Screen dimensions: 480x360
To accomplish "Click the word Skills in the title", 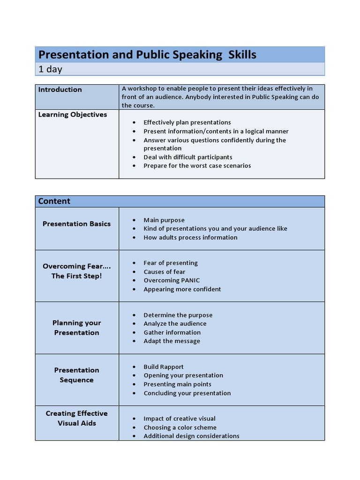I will [x=242, y=55].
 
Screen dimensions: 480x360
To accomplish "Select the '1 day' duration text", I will [x=50, y=69].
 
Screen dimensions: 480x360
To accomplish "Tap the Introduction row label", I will [x=60, y=90].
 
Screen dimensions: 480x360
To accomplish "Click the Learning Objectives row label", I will [x=72, y=114].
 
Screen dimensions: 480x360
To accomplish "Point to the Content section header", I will [x=54, y=201].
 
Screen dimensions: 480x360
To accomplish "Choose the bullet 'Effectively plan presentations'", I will [x=187, y=122].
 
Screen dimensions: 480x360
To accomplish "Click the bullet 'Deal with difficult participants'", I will [x=187, y=157].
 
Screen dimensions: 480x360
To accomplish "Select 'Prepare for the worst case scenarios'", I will [x=197, y=165].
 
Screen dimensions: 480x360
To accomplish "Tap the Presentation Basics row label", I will [x=76, y=224].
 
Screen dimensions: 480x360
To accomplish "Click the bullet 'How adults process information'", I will [x=190, y=237].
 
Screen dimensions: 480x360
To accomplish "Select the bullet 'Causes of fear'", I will [x=164, y=272].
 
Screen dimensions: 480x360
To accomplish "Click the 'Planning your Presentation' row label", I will [x=76, y=328].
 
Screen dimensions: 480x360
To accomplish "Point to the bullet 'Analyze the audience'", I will [x=175, y=323].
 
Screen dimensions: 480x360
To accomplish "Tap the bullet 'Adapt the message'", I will [x=172, y=341].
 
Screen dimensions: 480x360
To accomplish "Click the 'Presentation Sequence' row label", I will [x=76, y=375].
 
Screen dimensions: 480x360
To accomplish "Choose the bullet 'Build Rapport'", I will [x=164, y=367].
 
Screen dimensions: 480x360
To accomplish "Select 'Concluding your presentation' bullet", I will [x=187, y=393].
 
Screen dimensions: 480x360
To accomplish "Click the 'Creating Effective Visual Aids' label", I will [x=76, y=418].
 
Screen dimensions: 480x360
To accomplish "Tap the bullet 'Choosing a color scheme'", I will [x=180, y=427].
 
